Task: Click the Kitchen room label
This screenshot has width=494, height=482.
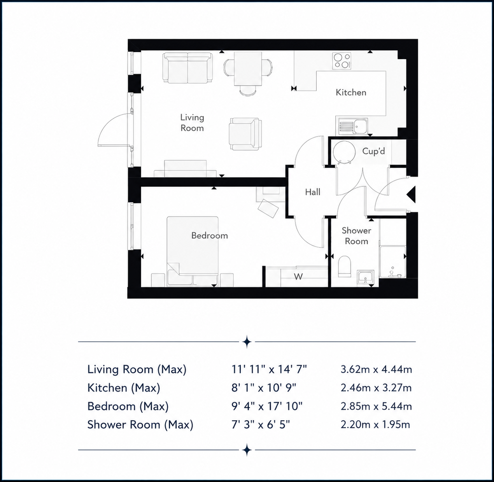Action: point(351,93)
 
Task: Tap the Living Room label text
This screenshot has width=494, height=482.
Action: point(192,123)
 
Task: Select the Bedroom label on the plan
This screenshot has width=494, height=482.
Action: point(209,236)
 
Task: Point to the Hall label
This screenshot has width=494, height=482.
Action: point(312,192)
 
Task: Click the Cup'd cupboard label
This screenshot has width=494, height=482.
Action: point(373,151)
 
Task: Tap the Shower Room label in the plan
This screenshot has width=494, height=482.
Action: point(356,236)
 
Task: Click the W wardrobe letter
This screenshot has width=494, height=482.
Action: point(298,277)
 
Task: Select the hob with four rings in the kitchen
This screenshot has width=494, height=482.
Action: point(342,61)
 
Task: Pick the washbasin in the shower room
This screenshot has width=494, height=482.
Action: point(366,278)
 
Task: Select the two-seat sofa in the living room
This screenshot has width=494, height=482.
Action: point(187,68)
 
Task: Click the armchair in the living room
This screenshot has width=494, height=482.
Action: point(245,134)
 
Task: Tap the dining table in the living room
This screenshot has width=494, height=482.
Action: point(248,69)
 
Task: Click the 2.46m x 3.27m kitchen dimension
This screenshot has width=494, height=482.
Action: point(376,388)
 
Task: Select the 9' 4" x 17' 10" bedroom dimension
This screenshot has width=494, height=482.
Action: point(267,406)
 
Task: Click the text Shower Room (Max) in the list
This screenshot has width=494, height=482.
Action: point(140,425)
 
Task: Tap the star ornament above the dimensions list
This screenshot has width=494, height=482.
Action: point(247,342)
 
